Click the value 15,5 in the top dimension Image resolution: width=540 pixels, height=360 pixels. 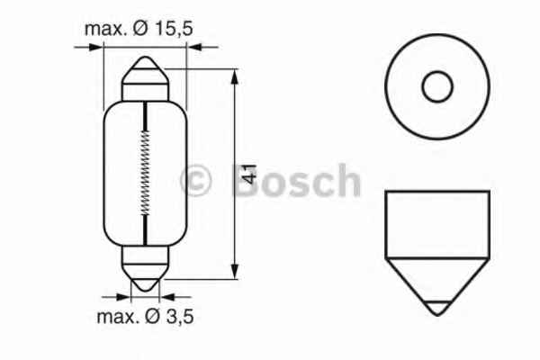click(174, 30)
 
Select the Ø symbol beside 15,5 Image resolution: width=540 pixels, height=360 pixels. click(140, 30)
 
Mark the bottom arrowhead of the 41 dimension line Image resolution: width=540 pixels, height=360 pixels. click(236, 274)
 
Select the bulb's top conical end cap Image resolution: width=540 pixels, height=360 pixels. click(145, 76)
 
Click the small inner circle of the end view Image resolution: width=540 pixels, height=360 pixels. click(436, 87)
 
